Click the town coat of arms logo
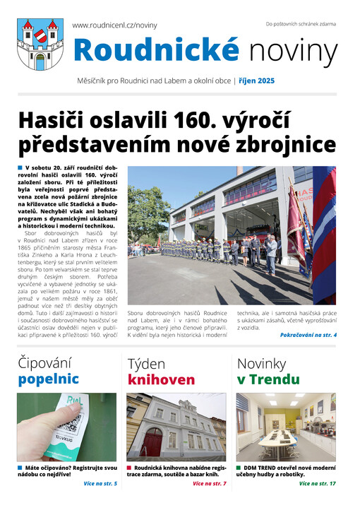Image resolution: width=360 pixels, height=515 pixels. pos(40,43)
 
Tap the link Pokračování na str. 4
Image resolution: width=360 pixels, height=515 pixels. pos(308,334)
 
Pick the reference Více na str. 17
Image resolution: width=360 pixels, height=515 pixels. pos(317,484)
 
